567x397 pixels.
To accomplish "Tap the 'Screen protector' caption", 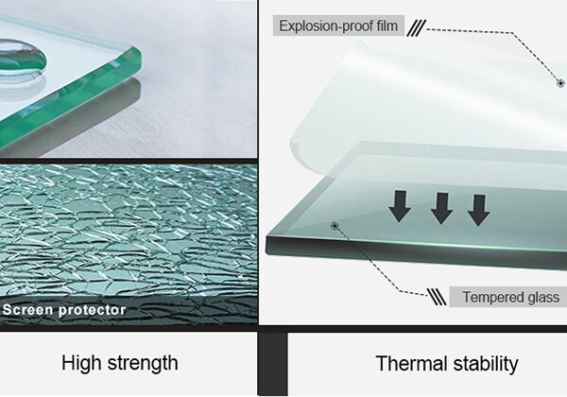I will [x=64, y=309].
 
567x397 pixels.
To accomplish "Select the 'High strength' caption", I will [x=119, y=362].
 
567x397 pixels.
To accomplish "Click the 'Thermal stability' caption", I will [x=446, y=363].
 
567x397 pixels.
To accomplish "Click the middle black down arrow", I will [x=440, y=207].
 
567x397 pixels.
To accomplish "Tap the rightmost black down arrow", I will [x=479, y=207].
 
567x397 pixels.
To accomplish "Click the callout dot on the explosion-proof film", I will [x=560, y=83].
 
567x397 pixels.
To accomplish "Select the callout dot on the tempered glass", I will [x=334, y=225].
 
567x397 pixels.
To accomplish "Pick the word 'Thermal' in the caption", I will [x=407, y=363].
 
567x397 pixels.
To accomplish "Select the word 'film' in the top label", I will [x=387, y=26].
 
